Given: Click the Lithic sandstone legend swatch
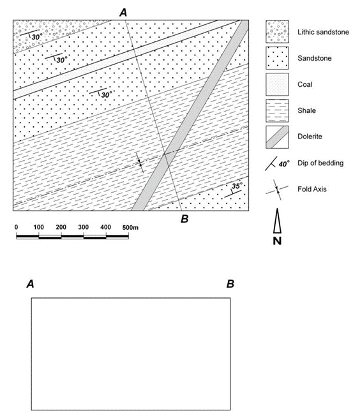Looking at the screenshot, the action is point(277,32).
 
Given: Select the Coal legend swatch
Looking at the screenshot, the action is point(277,84).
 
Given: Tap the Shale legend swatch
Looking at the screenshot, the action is point(277,110).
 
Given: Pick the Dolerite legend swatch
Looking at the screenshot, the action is point(277,137).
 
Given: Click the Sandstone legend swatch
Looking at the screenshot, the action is point(277,58).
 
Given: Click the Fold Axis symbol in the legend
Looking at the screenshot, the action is point(277,190).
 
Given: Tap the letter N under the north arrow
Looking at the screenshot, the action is point(277,241).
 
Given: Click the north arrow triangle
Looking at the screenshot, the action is point(277,221).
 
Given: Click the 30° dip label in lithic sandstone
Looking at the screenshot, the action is point(37,37).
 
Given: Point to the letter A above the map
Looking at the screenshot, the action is point(123,12).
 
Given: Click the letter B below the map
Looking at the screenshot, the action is point(184,219).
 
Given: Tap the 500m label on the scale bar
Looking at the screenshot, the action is point(130,227).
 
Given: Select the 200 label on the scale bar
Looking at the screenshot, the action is point(61,227).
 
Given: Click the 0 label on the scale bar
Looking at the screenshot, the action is point(16,227).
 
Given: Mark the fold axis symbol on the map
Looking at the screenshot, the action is point(139,162).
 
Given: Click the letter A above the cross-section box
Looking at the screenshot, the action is point(31,284).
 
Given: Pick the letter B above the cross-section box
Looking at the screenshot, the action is point(230,284).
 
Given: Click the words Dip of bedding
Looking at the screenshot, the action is point(320,163).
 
